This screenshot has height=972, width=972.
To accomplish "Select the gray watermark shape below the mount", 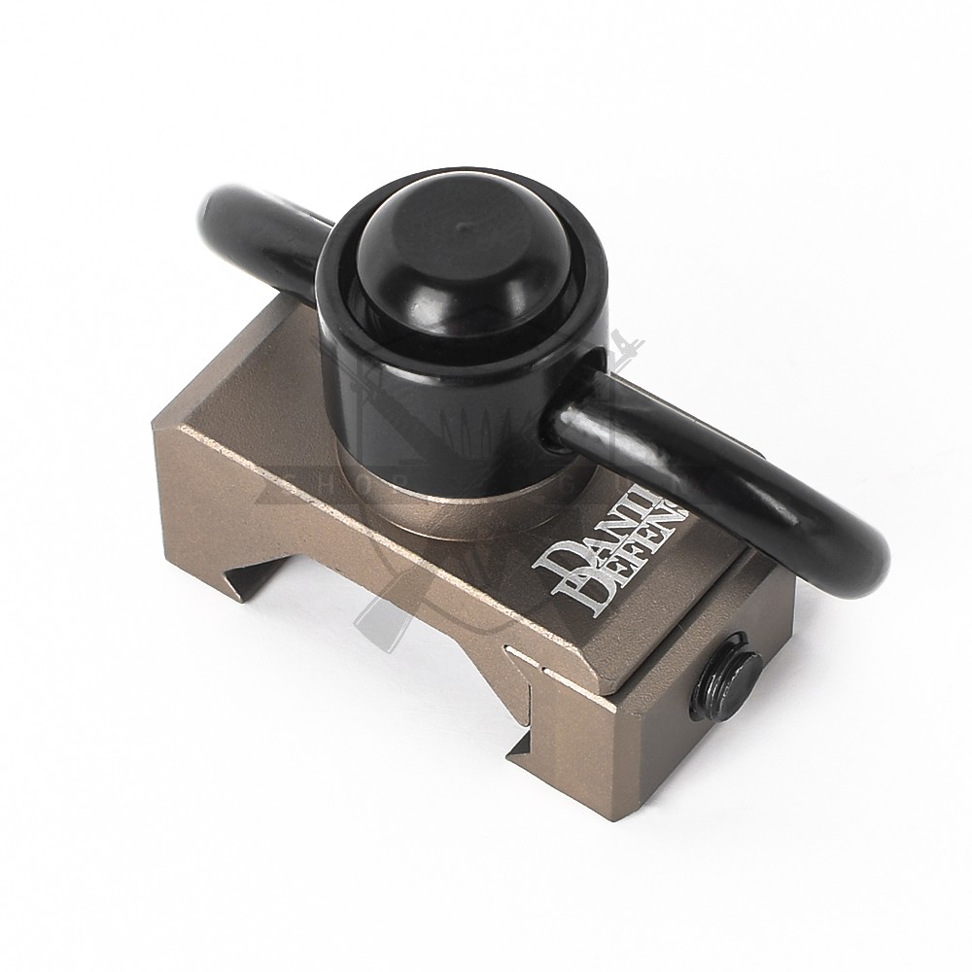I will (379, 622).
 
